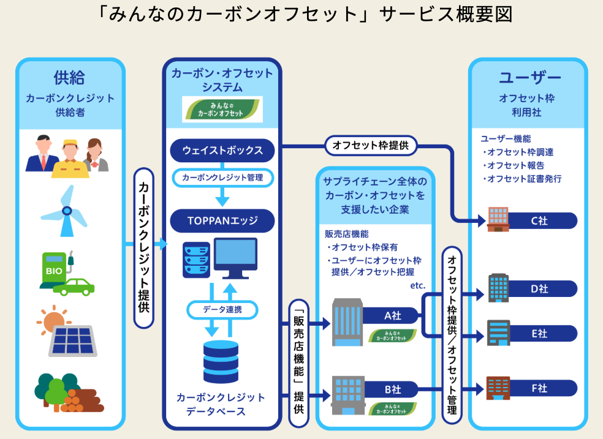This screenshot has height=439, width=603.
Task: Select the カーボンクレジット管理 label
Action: click(222, 178)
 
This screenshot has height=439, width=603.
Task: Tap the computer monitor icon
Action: click(230, 258)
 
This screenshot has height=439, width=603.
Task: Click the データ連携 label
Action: click(222, 309)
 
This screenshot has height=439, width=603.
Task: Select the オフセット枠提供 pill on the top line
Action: click(371, 146)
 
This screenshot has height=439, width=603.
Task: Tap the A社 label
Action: click(392, 316)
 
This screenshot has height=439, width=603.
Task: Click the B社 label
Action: click(392, 389)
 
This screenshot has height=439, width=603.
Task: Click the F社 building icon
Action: click(498, 388)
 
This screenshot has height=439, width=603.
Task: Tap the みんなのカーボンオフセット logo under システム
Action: click(222, 109)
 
